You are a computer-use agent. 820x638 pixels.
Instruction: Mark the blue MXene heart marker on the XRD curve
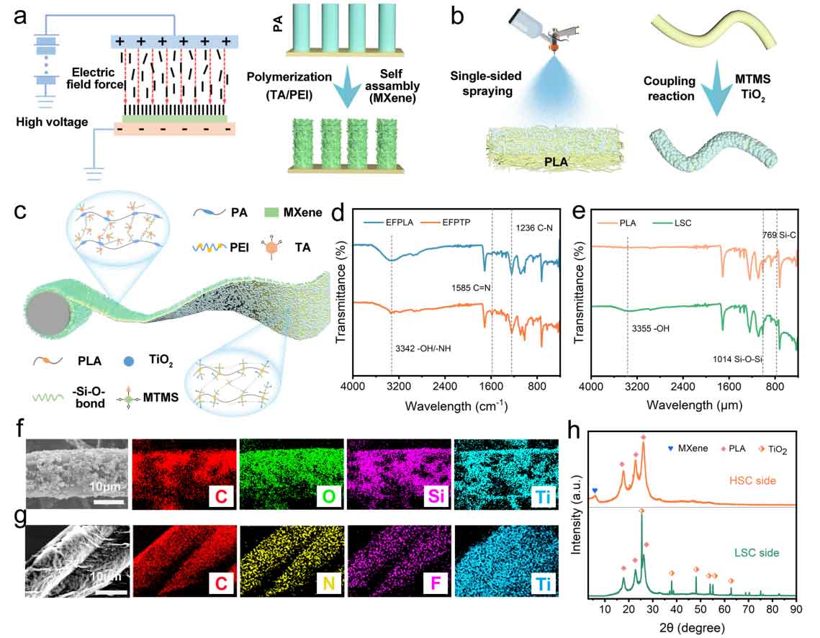click(595, 490)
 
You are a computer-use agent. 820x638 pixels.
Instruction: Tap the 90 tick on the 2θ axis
click(796, 608)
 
